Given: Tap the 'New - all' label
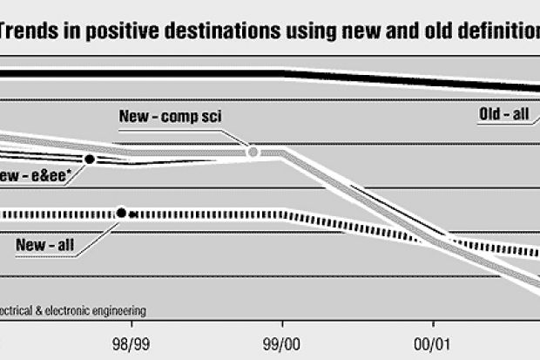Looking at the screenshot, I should tap(44, 244).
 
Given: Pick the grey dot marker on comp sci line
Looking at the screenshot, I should tap(253, 152).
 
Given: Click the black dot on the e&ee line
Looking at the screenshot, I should tap(89, 159).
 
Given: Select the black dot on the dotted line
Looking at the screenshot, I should tap(121, 212).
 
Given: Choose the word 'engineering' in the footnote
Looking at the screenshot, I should tap(117, 309).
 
